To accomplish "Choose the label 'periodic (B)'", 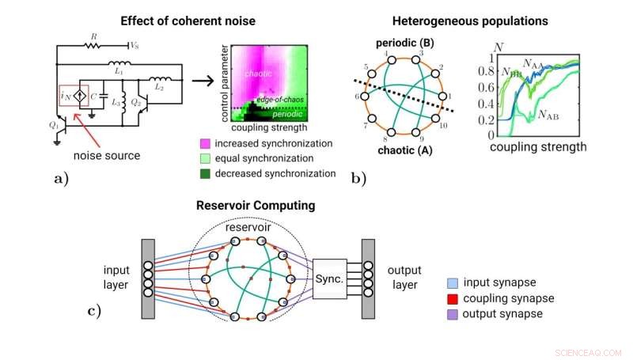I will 402,40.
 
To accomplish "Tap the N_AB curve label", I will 551,116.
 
